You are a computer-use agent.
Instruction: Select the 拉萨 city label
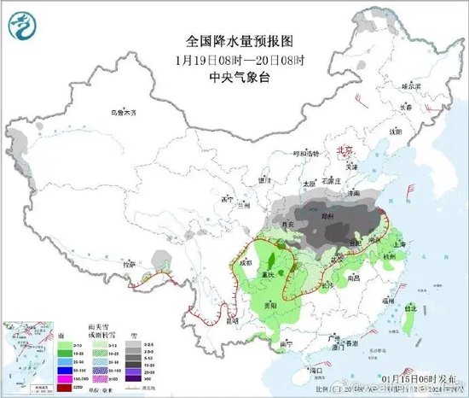(129, 265)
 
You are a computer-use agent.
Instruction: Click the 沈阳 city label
(395, 132)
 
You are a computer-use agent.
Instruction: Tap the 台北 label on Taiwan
(412, 308)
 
